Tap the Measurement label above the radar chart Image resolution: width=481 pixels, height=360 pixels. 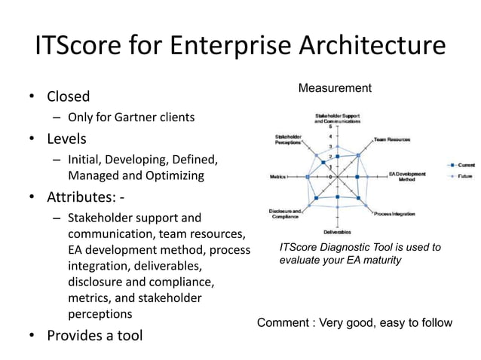[x=335, y=89]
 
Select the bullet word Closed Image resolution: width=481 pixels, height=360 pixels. [x=68, y=96]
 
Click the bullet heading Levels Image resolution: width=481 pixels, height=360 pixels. [x=66, y=139]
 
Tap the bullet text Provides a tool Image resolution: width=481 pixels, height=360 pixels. [x=95, y=335]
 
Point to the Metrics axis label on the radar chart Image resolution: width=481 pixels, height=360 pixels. [x=277, y=177]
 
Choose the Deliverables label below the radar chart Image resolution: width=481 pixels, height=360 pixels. [x=336, y=231]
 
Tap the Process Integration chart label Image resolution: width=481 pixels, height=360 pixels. [x=394, y=214]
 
